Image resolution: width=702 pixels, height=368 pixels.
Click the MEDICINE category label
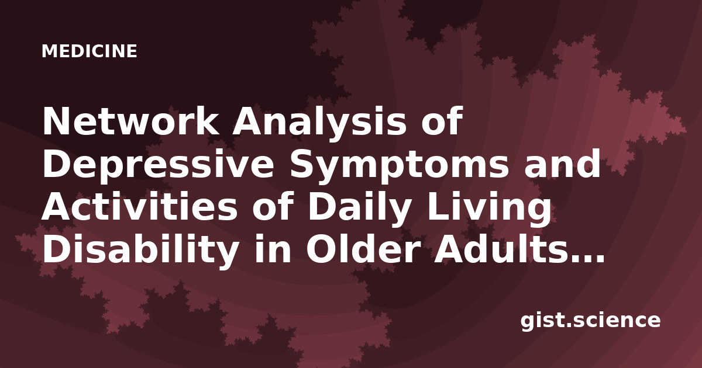pos(90,51)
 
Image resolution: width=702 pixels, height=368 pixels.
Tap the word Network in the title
pos(130,121)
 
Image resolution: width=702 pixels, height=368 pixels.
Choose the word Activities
pos(139,207)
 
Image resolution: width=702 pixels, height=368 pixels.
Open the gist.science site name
pos(590,321)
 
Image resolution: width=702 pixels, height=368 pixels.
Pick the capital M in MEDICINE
pos(49,51)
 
